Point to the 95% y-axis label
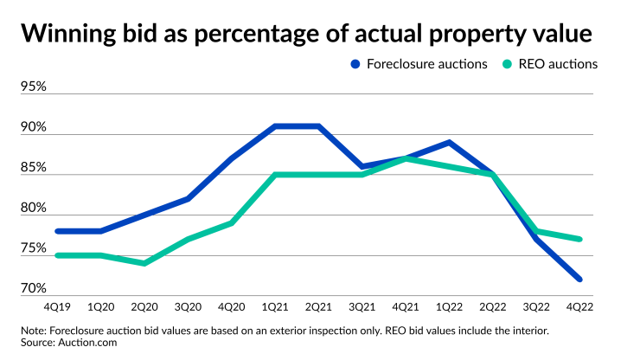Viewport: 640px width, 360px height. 34,87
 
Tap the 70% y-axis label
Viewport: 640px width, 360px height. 34,288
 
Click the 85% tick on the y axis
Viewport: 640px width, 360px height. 34,167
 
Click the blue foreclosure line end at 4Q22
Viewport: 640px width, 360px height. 579,279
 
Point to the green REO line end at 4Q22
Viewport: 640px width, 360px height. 579,239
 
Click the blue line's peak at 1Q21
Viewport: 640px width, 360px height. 275,126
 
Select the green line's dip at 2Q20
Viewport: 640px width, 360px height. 144,263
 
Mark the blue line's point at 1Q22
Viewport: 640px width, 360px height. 449,142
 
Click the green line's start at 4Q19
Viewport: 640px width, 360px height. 57,255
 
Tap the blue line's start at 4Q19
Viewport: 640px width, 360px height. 57,231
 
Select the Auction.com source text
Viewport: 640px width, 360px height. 90,343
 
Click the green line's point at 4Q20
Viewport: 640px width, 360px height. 232,223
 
